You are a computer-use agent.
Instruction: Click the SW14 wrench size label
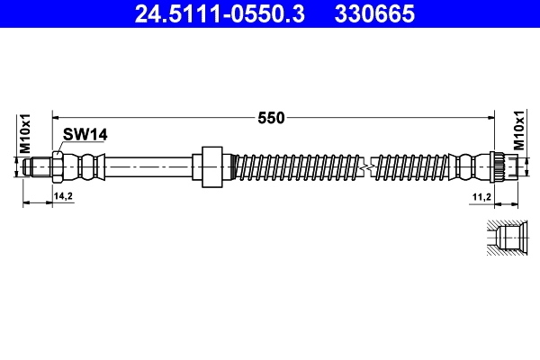[85, 134]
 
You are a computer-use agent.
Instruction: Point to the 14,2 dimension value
[63, 195]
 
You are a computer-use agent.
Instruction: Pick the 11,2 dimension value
[481, 195]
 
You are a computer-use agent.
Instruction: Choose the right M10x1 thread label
[518, 132]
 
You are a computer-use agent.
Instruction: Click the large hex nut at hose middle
[212, 167]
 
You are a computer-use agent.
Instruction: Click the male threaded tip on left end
[37, 167]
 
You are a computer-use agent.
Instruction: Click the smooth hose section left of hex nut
[148, 167]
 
